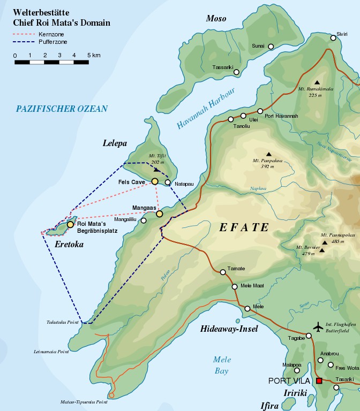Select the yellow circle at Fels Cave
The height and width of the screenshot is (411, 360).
155,182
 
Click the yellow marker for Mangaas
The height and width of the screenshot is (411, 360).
159,214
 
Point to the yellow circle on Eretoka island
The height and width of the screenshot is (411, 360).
70,225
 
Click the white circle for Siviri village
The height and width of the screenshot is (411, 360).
333,37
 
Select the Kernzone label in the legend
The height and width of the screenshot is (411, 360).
46,34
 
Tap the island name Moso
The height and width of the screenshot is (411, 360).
216,19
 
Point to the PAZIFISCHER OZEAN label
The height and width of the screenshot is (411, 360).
62,109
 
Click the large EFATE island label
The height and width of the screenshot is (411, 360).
244,227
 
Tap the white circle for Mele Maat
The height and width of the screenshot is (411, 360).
235,287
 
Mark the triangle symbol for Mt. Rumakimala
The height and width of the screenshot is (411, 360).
317,82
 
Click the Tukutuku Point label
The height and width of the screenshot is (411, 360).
62,323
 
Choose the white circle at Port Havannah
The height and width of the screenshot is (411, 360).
260,111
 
